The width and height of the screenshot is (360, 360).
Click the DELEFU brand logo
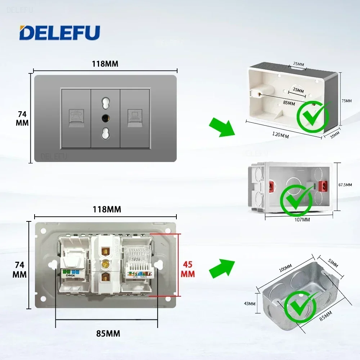coord(59,32)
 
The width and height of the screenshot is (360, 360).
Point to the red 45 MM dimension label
coord(188,269)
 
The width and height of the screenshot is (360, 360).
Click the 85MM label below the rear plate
coord(108,333)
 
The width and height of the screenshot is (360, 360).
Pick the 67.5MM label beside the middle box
coord(345,185)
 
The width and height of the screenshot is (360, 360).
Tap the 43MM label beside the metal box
coord(249,303)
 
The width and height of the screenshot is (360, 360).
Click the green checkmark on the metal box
coord(301,307)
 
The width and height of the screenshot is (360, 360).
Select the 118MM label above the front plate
coord(105,64)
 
